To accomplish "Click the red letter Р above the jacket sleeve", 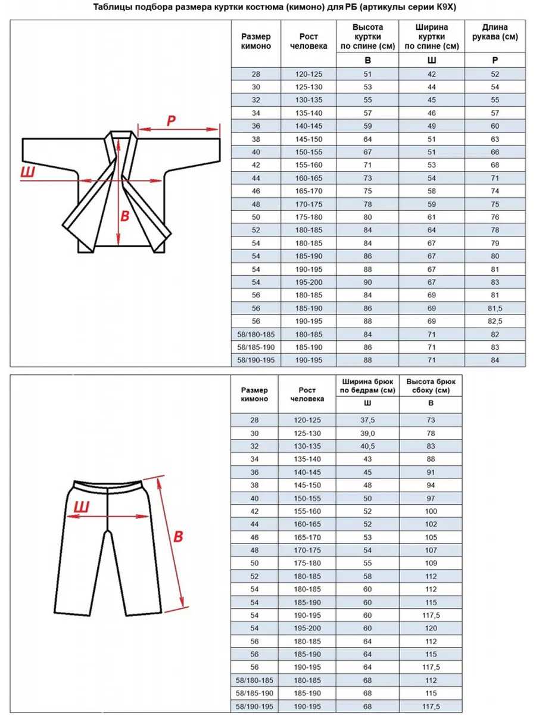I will [170, 121].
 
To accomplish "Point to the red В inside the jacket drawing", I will [124, 216].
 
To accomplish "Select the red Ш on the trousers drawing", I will [82, 507].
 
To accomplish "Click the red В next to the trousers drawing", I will [177, 536].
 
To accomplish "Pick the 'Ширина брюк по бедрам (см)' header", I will [367, 386].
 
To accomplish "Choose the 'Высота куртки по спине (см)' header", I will [367, 36].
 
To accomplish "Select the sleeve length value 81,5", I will [495, 308].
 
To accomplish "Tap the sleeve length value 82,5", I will [495, 321].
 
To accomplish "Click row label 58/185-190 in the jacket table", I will [255, 347].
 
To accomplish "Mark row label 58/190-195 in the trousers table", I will [255, 706].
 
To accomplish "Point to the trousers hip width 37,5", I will [367, 420].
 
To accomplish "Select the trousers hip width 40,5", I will [367, 446].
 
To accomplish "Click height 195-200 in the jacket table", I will [308, 282].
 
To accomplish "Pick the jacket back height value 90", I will [367, 282].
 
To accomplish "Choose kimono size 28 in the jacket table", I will [255, 74].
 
